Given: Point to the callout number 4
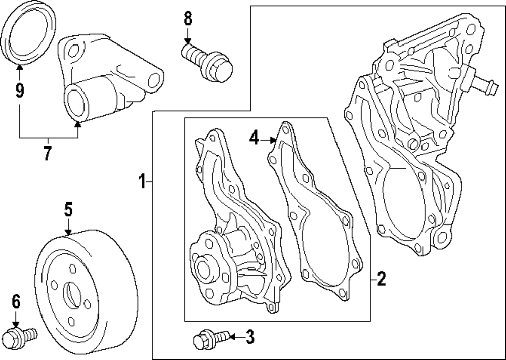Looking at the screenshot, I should pos(255,137).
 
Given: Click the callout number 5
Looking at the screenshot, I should pos(68,208).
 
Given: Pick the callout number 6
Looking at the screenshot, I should pos(16,302).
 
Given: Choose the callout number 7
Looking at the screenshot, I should pos(47,153).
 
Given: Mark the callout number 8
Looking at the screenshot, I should pos(188,19).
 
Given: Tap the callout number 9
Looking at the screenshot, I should pos(19,91).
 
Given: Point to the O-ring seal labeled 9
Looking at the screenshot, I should pos(29,37).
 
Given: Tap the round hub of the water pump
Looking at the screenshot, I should pos(203,268).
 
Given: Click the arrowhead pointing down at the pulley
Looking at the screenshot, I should pos(68,231).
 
